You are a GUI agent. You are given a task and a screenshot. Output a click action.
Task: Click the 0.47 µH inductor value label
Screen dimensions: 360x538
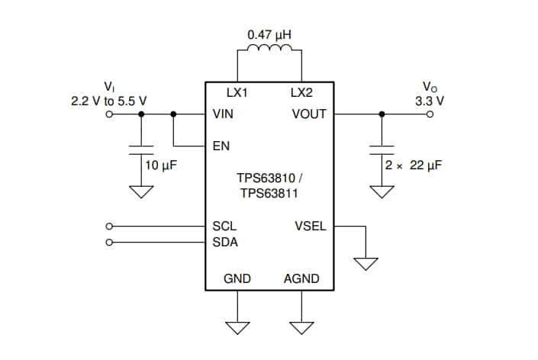click(x=269, y=35)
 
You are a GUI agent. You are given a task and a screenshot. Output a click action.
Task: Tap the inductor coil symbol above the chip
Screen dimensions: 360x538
click(x=269, y=50)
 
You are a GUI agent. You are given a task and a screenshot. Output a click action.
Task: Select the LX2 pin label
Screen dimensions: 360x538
click(x=301, y=93)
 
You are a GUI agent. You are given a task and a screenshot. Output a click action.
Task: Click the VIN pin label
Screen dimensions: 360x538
click(x=224, y=114)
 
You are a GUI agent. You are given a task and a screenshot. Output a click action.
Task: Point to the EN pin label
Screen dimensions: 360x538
click(x=221, y=145)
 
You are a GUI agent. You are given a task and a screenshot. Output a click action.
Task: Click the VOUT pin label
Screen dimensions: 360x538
click(x=309, y=114)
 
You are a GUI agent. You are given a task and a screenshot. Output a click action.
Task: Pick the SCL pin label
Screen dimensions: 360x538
click(x=224, y=227)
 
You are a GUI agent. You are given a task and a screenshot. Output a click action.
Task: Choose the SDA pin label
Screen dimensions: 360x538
click(x=224, y=243)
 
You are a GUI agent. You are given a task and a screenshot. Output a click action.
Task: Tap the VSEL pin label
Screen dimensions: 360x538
click(x=310, y=227)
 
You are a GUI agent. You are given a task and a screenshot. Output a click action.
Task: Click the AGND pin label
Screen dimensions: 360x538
click(x=301, y=279)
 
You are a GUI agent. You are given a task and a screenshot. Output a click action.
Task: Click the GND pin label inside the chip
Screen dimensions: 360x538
click(x=237, y=279)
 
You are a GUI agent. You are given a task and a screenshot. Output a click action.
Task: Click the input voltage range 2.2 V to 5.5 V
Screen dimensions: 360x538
click(x=109, y=101)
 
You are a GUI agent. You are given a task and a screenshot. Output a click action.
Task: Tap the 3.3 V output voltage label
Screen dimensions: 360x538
click(x=430, y=101)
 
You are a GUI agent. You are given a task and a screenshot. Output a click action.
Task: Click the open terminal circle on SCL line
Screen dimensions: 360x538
click(x=109, y=227)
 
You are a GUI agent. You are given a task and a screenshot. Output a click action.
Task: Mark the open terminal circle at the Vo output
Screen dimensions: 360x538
click(x=430, y=114)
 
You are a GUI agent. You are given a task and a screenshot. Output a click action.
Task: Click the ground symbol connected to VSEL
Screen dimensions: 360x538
click(x=366, y=263)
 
